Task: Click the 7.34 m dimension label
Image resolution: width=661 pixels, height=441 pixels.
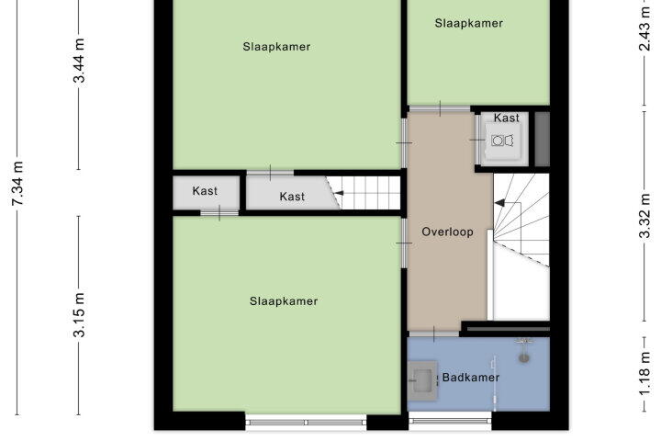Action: pyautogui.click(x=17, y=184)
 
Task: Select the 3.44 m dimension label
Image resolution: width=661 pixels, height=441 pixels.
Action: pyautogui.click(x=79, y=61)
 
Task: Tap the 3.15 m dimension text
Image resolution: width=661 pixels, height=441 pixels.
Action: pyautogui.click(x=79, y=315)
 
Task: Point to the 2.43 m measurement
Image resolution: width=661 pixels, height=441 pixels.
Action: pyautogui.click(x=644, y=28)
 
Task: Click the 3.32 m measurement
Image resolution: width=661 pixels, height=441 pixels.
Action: pyautogui.click(x=644, y=216)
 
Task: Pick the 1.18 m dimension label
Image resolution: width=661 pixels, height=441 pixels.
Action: pyautogui.click(x=644, y=375)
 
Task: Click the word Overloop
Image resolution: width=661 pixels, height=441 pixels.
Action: pyautogui.click(x=447, y=232)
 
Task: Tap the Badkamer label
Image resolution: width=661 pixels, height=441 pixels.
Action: pyautogui.click(x=470, y=378)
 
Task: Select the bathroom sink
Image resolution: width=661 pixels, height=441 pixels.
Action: pyautogui.click(x=423, y=380)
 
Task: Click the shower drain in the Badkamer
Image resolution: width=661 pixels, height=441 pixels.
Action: pyautogui.click(x=524, y=358)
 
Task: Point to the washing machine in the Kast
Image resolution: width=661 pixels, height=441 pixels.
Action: pyautogui.click(x=502, y=141)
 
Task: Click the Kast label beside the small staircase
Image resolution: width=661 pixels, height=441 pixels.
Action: pyautogui.click(x=292, y=197)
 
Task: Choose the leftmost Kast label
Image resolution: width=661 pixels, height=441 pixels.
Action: pyautogui.click(x=205, y=191)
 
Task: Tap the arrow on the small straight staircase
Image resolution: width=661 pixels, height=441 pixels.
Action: pyautogui.click(x=339, y=193)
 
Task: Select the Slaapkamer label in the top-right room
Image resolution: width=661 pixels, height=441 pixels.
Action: pyautogui.click(x=469, y=23)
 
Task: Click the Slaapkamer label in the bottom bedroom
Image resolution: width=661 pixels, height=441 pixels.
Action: pyautogui.click(x=284, y=301)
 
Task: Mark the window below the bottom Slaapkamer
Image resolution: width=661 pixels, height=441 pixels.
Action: pyautogui.click(x=306, y=423)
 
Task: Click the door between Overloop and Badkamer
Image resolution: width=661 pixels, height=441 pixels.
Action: pyautogui.click(x=433, y=334)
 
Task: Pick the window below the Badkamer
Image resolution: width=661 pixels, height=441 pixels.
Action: pyautogui.click(x=450, y=421)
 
